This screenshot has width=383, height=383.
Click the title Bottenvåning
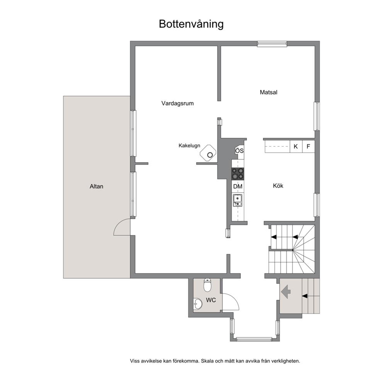point(191,24)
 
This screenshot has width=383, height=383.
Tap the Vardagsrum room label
point(178,103)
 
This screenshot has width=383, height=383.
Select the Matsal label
point(268,92)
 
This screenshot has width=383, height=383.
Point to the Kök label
point(278,186)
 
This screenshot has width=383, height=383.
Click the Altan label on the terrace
point(97,186)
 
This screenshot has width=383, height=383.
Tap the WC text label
point(211,300)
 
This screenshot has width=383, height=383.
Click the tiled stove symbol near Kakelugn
point(208,153)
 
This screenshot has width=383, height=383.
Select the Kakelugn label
point(189,146)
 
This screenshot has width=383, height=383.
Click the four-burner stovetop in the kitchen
point(238,174)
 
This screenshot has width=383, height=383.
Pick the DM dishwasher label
point(238,186)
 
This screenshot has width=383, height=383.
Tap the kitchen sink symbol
point(237,200)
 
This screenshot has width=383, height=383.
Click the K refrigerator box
point(296,146)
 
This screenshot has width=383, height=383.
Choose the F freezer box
point(308,146)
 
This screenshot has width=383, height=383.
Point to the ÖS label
point(239,151)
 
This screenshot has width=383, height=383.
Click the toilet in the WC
point(207,285)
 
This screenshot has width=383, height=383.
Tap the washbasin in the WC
point(198,304)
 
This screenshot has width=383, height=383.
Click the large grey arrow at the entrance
point(286,291)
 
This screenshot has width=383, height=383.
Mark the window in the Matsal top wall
point(272,44)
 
